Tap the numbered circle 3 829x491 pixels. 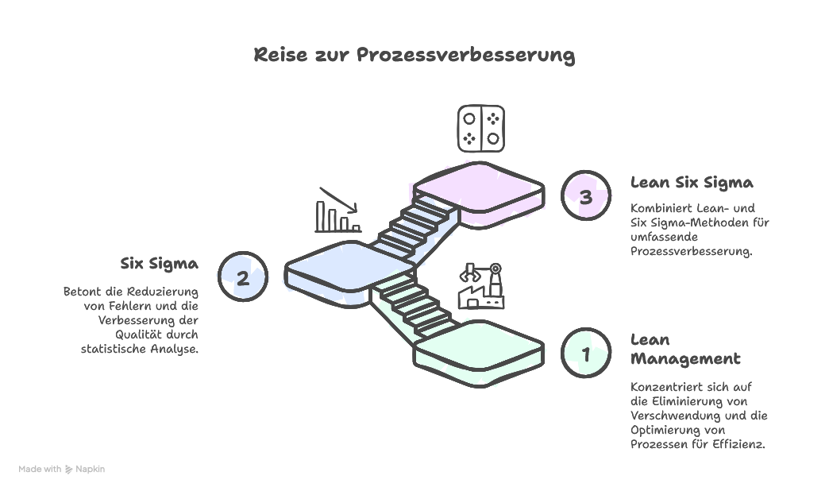coord(586,196)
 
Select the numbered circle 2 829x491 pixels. coord(243,277)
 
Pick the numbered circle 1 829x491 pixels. coord(586,354)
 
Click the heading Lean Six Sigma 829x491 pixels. coord(692,183)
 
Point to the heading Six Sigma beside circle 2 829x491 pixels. coord(160,263)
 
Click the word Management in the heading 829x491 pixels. coord(685,359)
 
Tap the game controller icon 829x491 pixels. coord(481,129)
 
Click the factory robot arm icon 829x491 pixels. coord(481,286)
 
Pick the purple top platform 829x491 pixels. coord(479,189)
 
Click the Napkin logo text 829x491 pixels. coord(90,470)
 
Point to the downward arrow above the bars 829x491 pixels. coord(338,199)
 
